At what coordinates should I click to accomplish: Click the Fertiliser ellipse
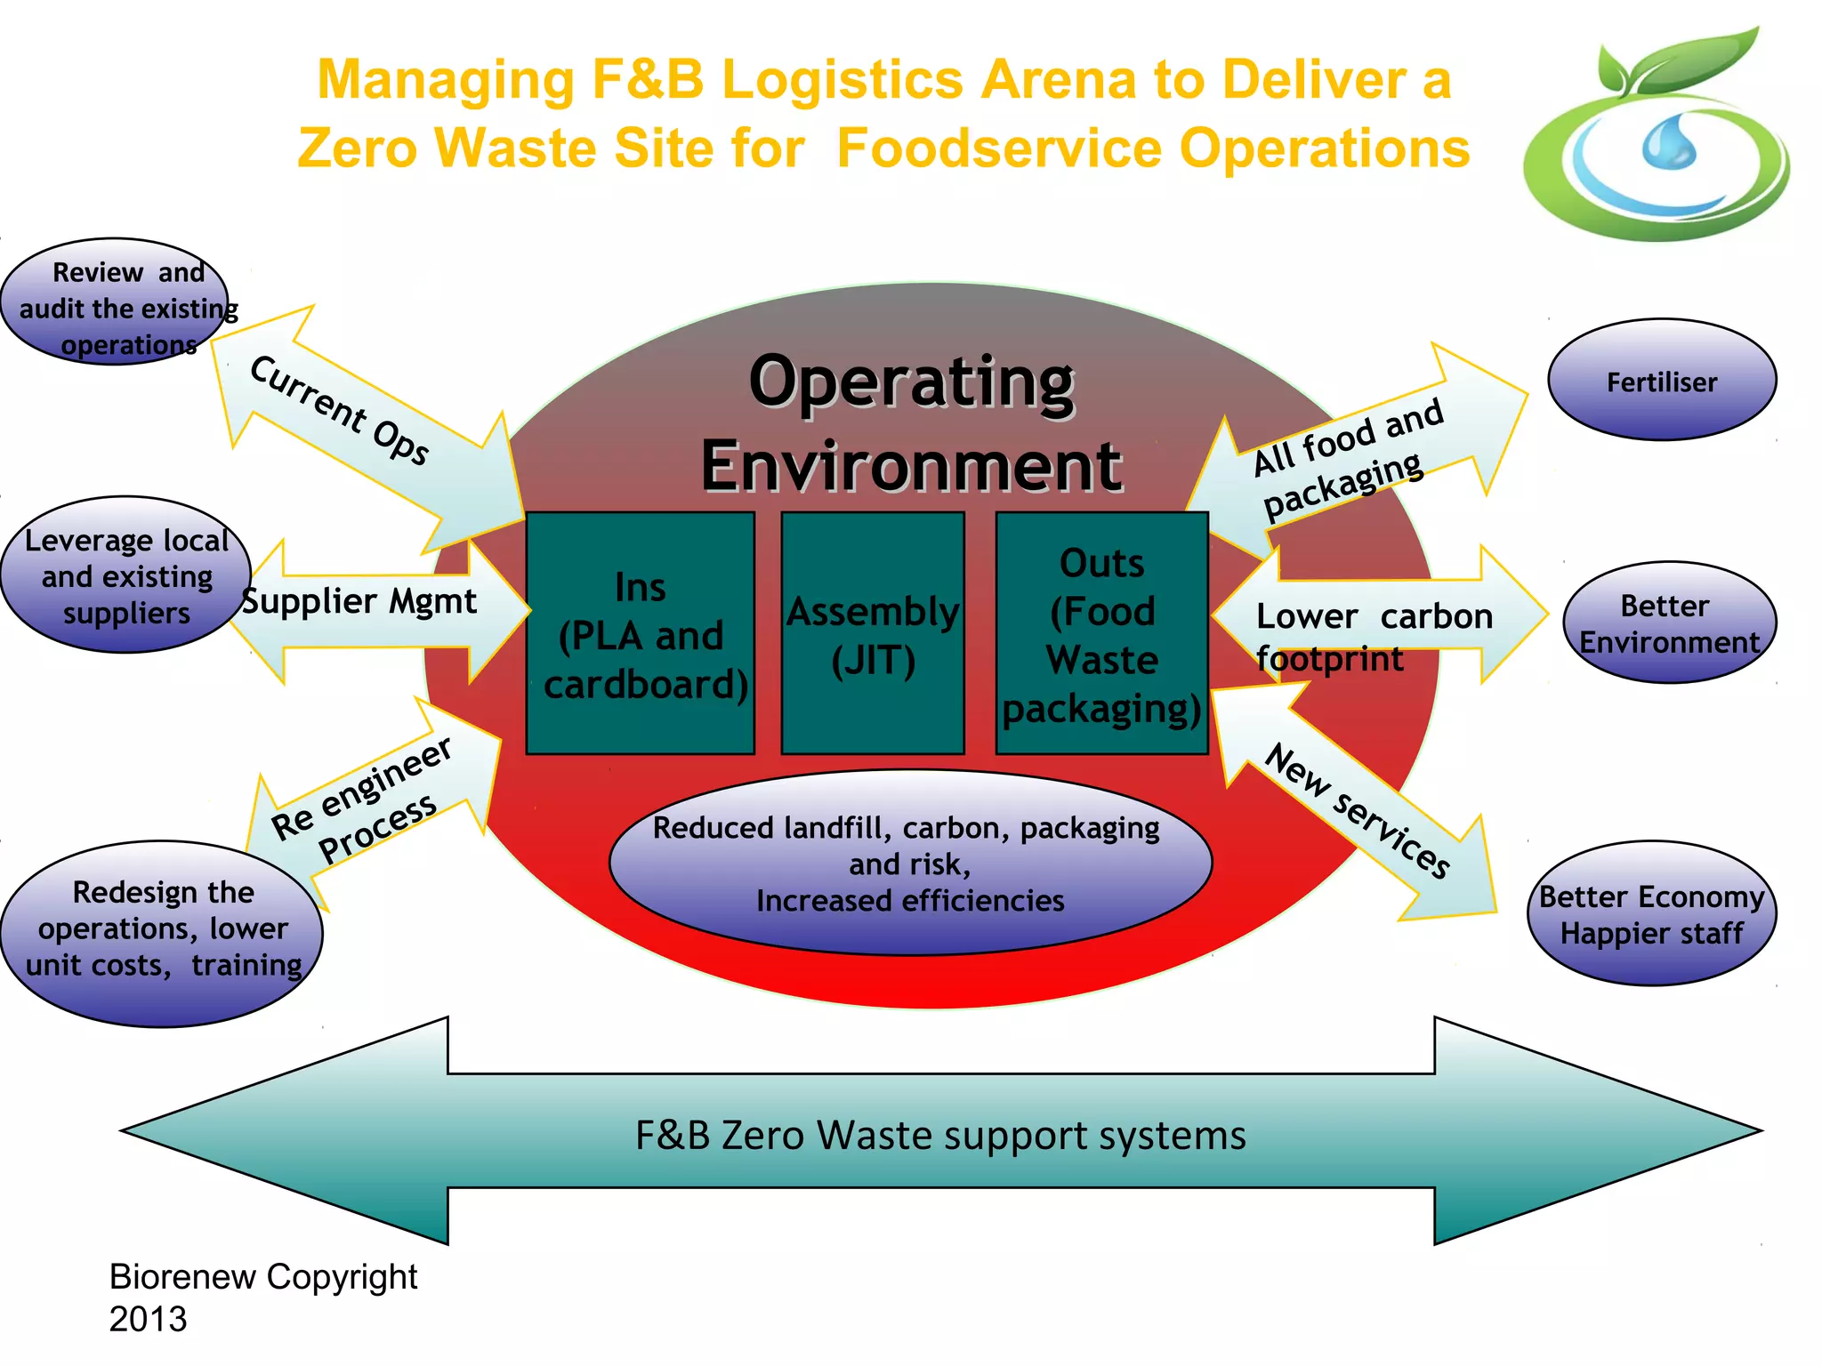tap(1661, 381)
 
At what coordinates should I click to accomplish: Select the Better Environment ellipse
tap(1669, 623)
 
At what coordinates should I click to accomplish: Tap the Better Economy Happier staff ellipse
tap(1651, 914)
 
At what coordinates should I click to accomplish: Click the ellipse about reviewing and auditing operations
tap(116, 303)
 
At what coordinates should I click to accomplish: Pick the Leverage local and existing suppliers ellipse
tap(125, 576)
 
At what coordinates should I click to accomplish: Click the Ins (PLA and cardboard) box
tap(641, 634)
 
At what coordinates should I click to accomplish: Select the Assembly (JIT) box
tap(873, 634)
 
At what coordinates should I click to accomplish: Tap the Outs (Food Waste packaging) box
tap(1101, 634)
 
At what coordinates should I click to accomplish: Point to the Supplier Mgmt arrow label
tap(360, 602)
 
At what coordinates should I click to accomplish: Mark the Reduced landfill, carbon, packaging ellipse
tap(909, 864)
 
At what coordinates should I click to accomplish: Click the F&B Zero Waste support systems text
tap(940, 1135)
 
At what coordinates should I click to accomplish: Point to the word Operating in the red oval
tap(912, 382)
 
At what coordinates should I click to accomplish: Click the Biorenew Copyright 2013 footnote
tap(262, 1297)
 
